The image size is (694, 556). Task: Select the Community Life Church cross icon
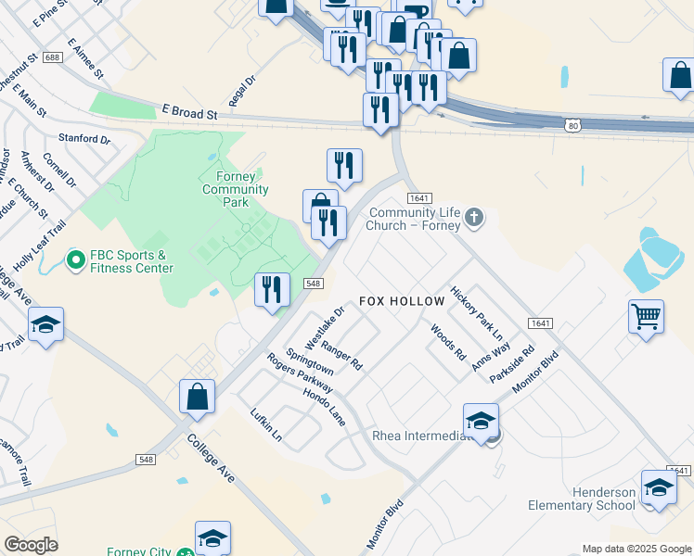click(474, 218)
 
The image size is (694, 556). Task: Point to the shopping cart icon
click(646, 317)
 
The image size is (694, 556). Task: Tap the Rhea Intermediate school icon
click(481, 420)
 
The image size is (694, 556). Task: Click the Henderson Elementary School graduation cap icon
click(659, 487)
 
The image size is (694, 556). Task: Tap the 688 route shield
click(52, 57)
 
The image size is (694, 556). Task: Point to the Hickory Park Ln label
click(476, 310)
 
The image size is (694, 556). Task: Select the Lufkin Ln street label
click(265, 423)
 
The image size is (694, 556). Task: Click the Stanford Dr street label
click(84, 139)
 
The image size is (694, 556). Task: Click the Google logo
click(31, 545)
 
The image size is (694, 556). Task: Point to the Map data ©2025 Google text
click(636, 549)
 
